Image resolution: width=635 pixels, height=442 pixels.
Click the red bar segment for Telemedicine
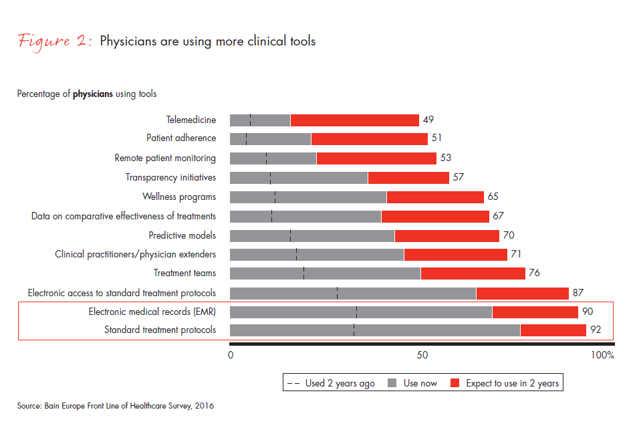tap(354, 120)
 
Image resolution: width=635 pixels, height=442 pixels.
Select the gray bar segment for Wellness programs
tap(308, 197)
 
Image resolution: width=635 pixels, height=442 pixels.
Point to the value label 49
tap(428, 120)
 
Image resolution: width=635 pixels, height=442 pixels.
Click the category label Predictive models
tap(182, 235)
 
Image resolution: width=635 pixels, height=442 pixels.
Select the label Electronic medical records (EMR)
tap(152, 312)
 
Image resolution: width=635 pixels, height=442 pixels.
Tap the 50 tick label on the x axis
tap(422, 355)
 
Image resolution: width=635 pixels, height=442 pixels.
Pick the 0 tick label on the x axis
tap(231, 355)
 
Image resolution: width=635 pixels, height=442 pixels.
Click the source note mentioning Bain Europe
tap(115, 406)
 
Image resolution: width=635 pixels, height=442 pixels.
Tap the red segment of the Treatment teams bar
tap(473, 273)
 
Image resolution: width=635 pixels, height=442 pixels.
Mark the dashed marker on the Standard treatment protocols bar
tap(354, 330)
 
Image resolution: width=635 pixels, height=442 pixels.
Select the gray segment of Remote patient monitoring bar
tap(273, 158)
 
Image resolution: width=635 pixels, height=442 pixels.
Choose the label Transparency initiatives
tap(170, 178)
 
